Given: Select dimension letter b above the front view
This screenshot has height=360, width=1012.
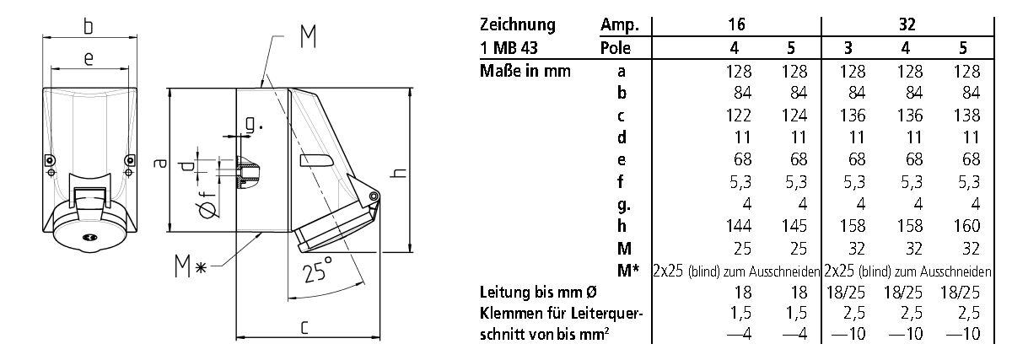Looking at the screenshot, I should [87, 27].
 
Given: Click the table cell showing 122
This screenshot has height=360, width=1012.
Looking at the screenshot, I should [738, 116].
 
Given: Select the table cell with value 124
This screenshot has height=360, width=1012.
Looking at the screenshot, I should [794, 116].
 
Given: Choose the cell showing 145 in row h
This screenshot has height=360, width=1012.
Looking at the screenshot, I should [794, 226].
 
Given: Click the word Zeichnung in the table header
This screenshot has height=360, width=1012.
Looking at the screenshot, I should [517, 24].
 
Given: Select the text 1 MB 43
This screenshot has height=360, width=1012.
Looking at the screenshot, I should [506, 48].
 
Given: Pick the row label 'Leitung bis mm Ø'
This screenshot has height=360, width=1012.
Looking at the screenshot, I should [539, 292].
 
